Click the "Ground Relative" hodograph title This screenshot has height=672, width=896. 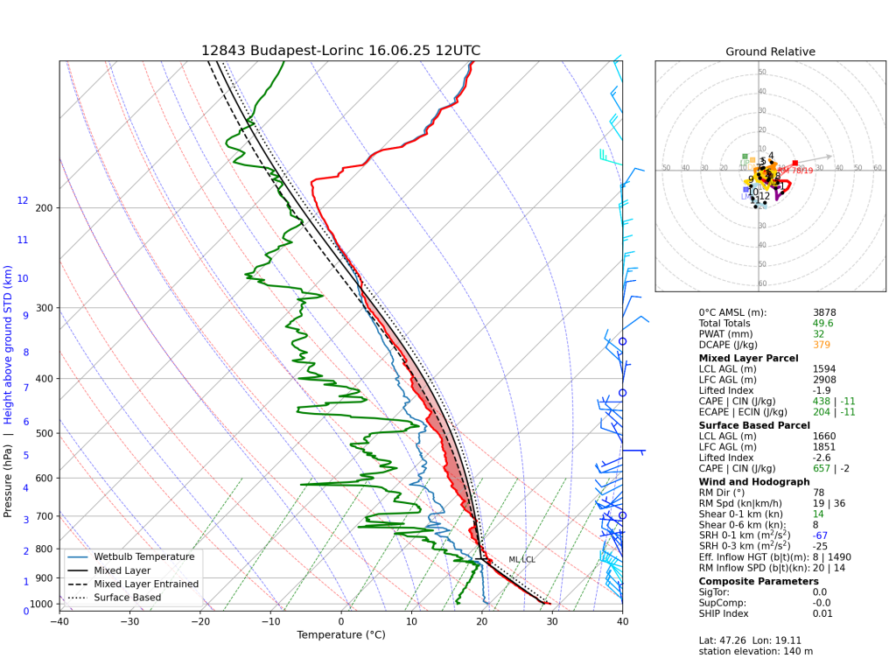tap(770, 52)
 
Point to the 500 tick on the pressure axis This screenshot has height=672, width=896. tap(44, 433)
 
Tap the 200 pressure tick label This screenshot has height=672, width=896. tap(44, 207)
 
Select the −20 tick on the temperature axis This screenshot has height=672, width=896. tap(200, 622)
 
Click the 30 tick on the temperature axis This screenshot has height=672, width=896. tap(551, 622)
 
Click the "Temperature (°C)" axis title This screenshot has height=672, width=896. tap(340, 635)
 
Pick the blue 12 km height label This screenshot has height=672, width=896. tap(23, 200)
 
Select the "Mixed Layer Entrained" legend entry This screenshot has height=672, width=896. tap(146, 584)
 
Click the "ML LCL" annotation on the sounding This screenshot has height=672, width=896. tap(521, 559)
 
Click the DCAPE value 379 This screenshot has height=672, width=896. tap(822, 345)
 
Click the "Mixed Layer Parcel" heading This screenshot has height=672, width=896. tap(748, 358)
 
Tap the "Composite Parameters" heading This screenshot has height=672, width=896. tap(759, 581)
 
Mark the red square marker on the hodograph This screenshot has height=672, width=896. tap(794, 163)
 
